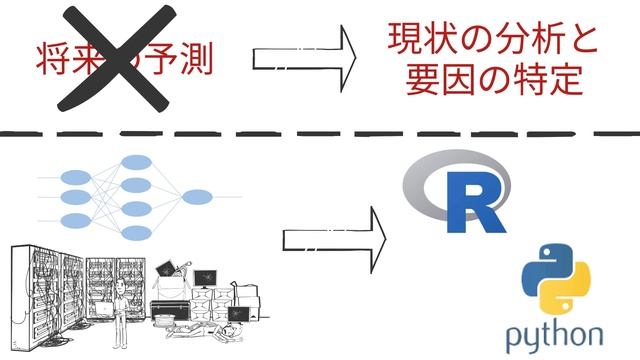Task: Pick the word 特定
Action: [545, 80]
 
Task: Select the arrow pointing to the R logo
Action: [334, 239]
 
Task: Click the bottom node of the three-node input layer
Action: [75, 220]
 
